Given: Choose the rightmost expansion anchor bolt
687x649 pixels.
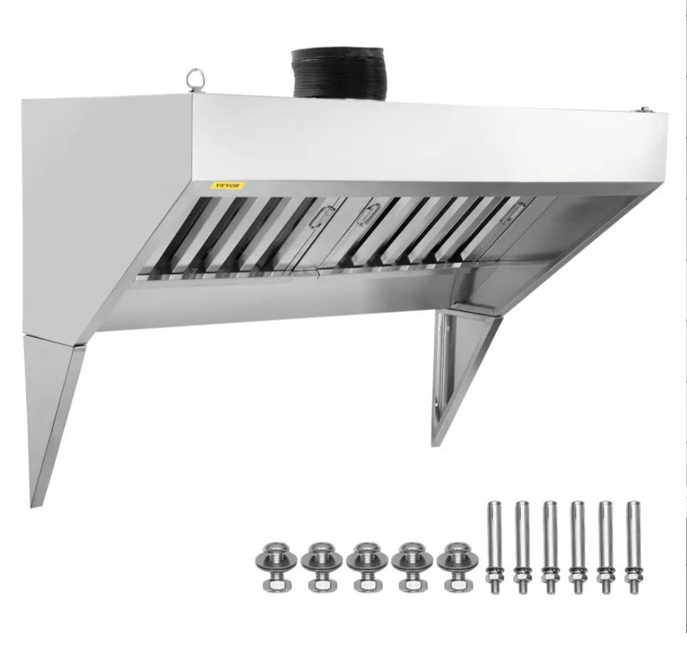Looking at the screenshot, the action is click(x=633, y=547).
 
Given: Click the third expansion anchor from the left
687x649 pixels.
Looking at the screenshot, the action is click(x=549, y=547).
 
